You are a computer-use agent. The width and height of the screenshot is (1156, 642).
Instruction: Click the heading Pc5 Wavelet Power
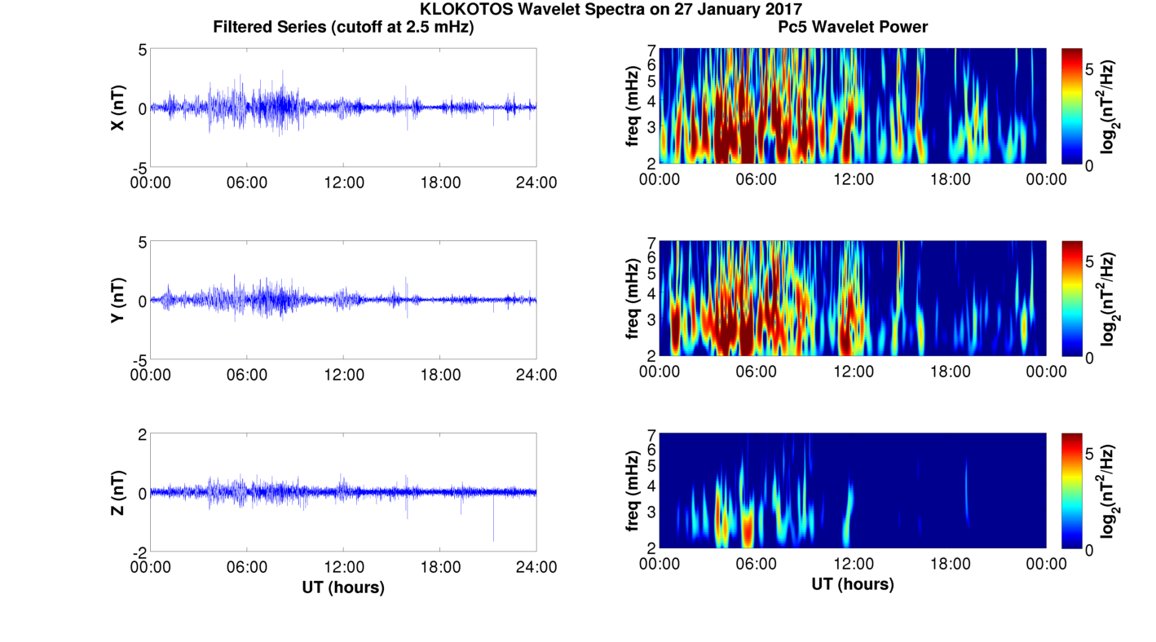pos(853,27)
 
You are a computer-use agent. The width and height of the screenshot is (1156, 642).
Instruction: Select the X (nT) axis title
pos(117,108)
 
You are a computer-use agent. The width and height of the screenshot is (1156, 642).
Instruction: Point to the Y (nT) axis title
pos(117,300)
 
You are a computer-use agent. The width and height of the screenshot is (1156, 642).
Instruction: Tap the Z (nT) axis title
pos(117,492)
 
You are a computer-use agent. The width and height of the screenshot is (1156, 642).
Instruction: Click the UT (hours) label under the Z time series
pos(343,587)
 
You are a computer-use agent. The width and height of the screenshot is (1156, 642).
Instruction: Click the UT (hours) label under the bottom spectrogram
pos(853,584)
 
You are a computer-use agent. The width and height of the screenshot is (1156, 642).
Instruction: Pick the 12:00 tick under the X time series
pos(344,182)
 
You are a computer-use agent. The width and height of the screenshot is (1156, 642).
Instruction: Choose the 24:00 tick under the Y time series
pos(536,375)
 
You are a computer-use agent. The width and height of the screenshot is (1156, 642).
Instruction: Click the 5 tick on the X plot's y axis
pos(143,50)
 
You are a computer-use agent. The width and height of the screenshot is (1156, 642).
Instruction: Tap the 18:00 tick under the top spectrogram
pos(950,179)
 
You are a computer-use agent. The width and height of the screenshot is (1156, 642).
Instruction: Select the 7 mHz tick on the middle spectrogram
pos(651,242)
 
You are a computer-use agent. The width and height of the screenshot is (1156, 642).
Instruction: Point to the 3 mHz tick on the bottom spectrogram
pos(651,512)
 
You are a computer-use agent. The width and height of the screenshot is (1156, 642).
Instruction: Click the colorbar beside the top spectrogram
pos(1072,106)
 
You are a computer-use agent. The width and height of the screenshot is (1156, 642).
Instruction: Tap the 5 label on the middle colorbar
pos(1089,262)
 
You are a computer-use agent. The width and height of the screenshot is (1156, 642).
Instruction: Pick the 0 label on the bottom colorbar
pos(1089,551)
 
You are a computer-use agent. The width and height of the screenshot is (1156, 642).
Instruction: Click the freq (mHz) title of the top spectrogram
pos(633,107)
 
